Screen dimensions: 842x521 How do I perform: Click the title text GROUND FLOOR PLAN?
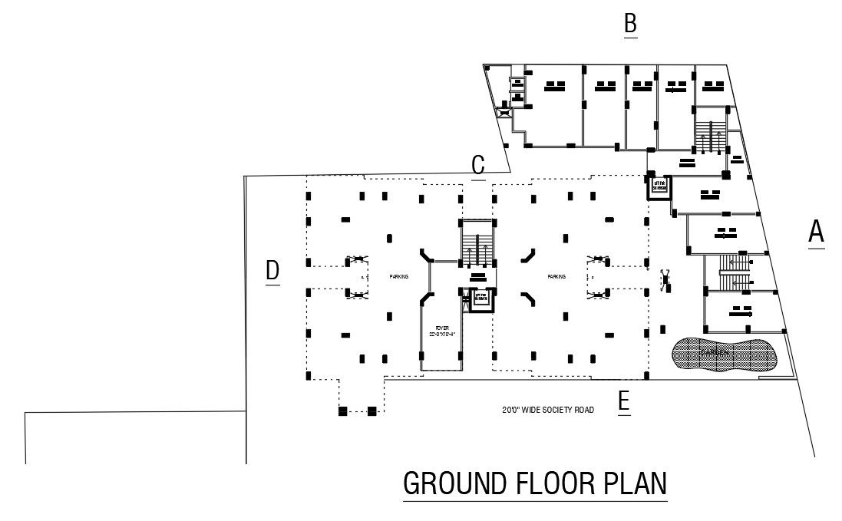point(535,484)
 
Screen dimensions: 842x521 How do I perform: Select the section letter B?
point(630,23)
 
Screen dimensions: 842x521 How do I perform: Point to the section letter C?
point(478,165)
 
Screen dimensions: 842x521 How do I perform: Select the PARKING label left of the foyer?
point(398,276)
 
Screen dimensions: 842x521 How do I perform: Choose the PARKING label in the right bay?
point(556,276)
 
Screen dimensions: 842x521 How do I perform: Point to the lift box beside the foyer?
point(481,298)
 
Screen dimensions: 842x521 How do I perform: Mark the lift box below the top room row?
point(659,186)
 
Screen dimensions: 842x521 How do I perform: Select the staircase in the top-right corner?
point(710,132)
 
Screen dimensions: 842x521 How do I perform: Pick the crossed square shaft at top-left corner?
point(505,112)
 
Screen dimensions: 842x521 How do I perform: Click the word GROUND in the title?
point(454,484)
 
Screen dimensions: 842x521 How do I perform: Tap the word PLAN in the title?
point(634,484)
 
